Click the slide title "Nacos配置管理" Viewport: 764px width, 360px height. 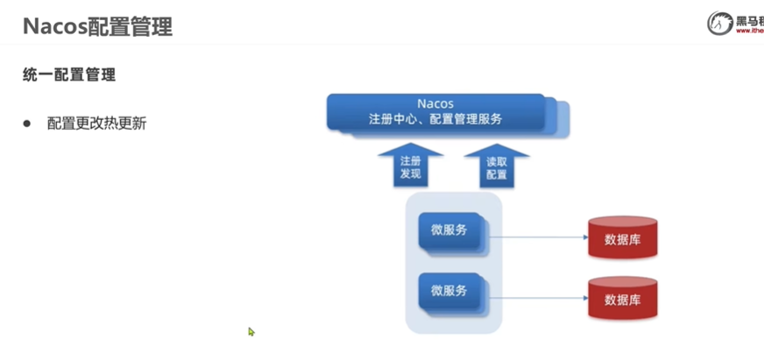[97, 26]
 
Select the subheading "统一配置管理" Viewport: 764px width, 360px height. [69, 75]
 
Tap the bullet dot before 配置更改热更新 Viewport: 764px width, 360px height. [26, 124]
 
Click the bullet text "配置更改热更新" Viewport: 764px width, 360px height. [96, 124]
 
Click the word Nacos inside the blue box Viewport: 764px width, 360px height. [435, 103]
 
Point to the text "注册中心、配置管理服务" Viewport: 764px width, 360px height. [435, 119]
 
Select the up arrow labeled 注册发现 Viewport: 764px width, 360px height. [410, 166]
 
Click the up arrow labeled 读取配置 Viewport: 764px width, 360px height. [496, 166]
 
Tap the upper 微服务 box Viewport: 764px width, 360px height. [449, 231]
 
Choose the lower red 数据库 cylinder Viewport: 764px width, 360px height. [622, 298]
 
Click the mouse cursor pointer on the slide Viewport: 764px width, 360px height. [251, 331]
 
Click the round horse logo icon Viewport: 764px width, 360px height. [720, 24]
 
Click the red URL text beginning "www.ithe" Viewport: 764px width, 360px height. [750, 32]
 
